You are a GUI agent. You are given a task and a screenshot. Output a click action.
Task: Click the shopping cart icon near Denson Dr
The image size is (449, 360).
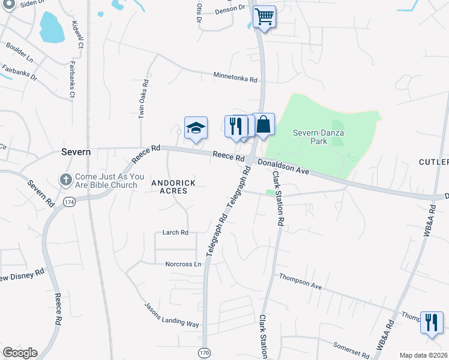pos(264,17)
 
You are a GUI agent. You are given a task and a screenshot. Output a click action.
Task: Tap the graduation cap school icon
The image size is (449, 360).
pos(196,128)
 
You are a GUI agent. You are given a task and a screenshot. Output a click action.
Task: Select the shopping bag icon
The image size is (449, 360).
pos(263,125)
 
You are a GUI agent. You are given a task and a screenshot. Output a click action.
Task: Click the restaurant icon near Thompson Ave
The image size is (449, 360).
pos(432,323)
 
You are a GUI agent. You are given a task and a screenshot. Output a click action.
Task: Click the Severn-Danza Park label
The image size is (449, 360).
pos(318,137)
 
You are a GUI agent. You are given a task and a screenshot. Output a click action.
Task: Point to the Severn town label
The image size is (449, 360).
pos(76,152)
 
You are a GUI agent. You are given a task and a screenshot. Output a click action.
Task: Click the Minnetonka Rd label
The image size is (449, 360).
pos(235,77)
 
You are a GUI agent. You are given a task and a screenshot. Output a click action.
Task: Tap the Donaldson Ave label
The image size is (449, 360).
pos(283,166)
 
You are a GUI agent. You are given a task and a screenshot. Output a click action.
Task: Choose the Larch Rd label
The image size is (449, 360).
pos(175,232)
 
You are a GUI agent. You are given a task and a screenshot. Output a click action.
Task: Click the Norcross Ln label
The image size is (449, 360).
pos(183,264)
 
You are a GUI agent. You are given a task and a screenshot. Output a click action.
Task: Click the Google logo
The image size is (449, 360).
pos(20,353)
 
